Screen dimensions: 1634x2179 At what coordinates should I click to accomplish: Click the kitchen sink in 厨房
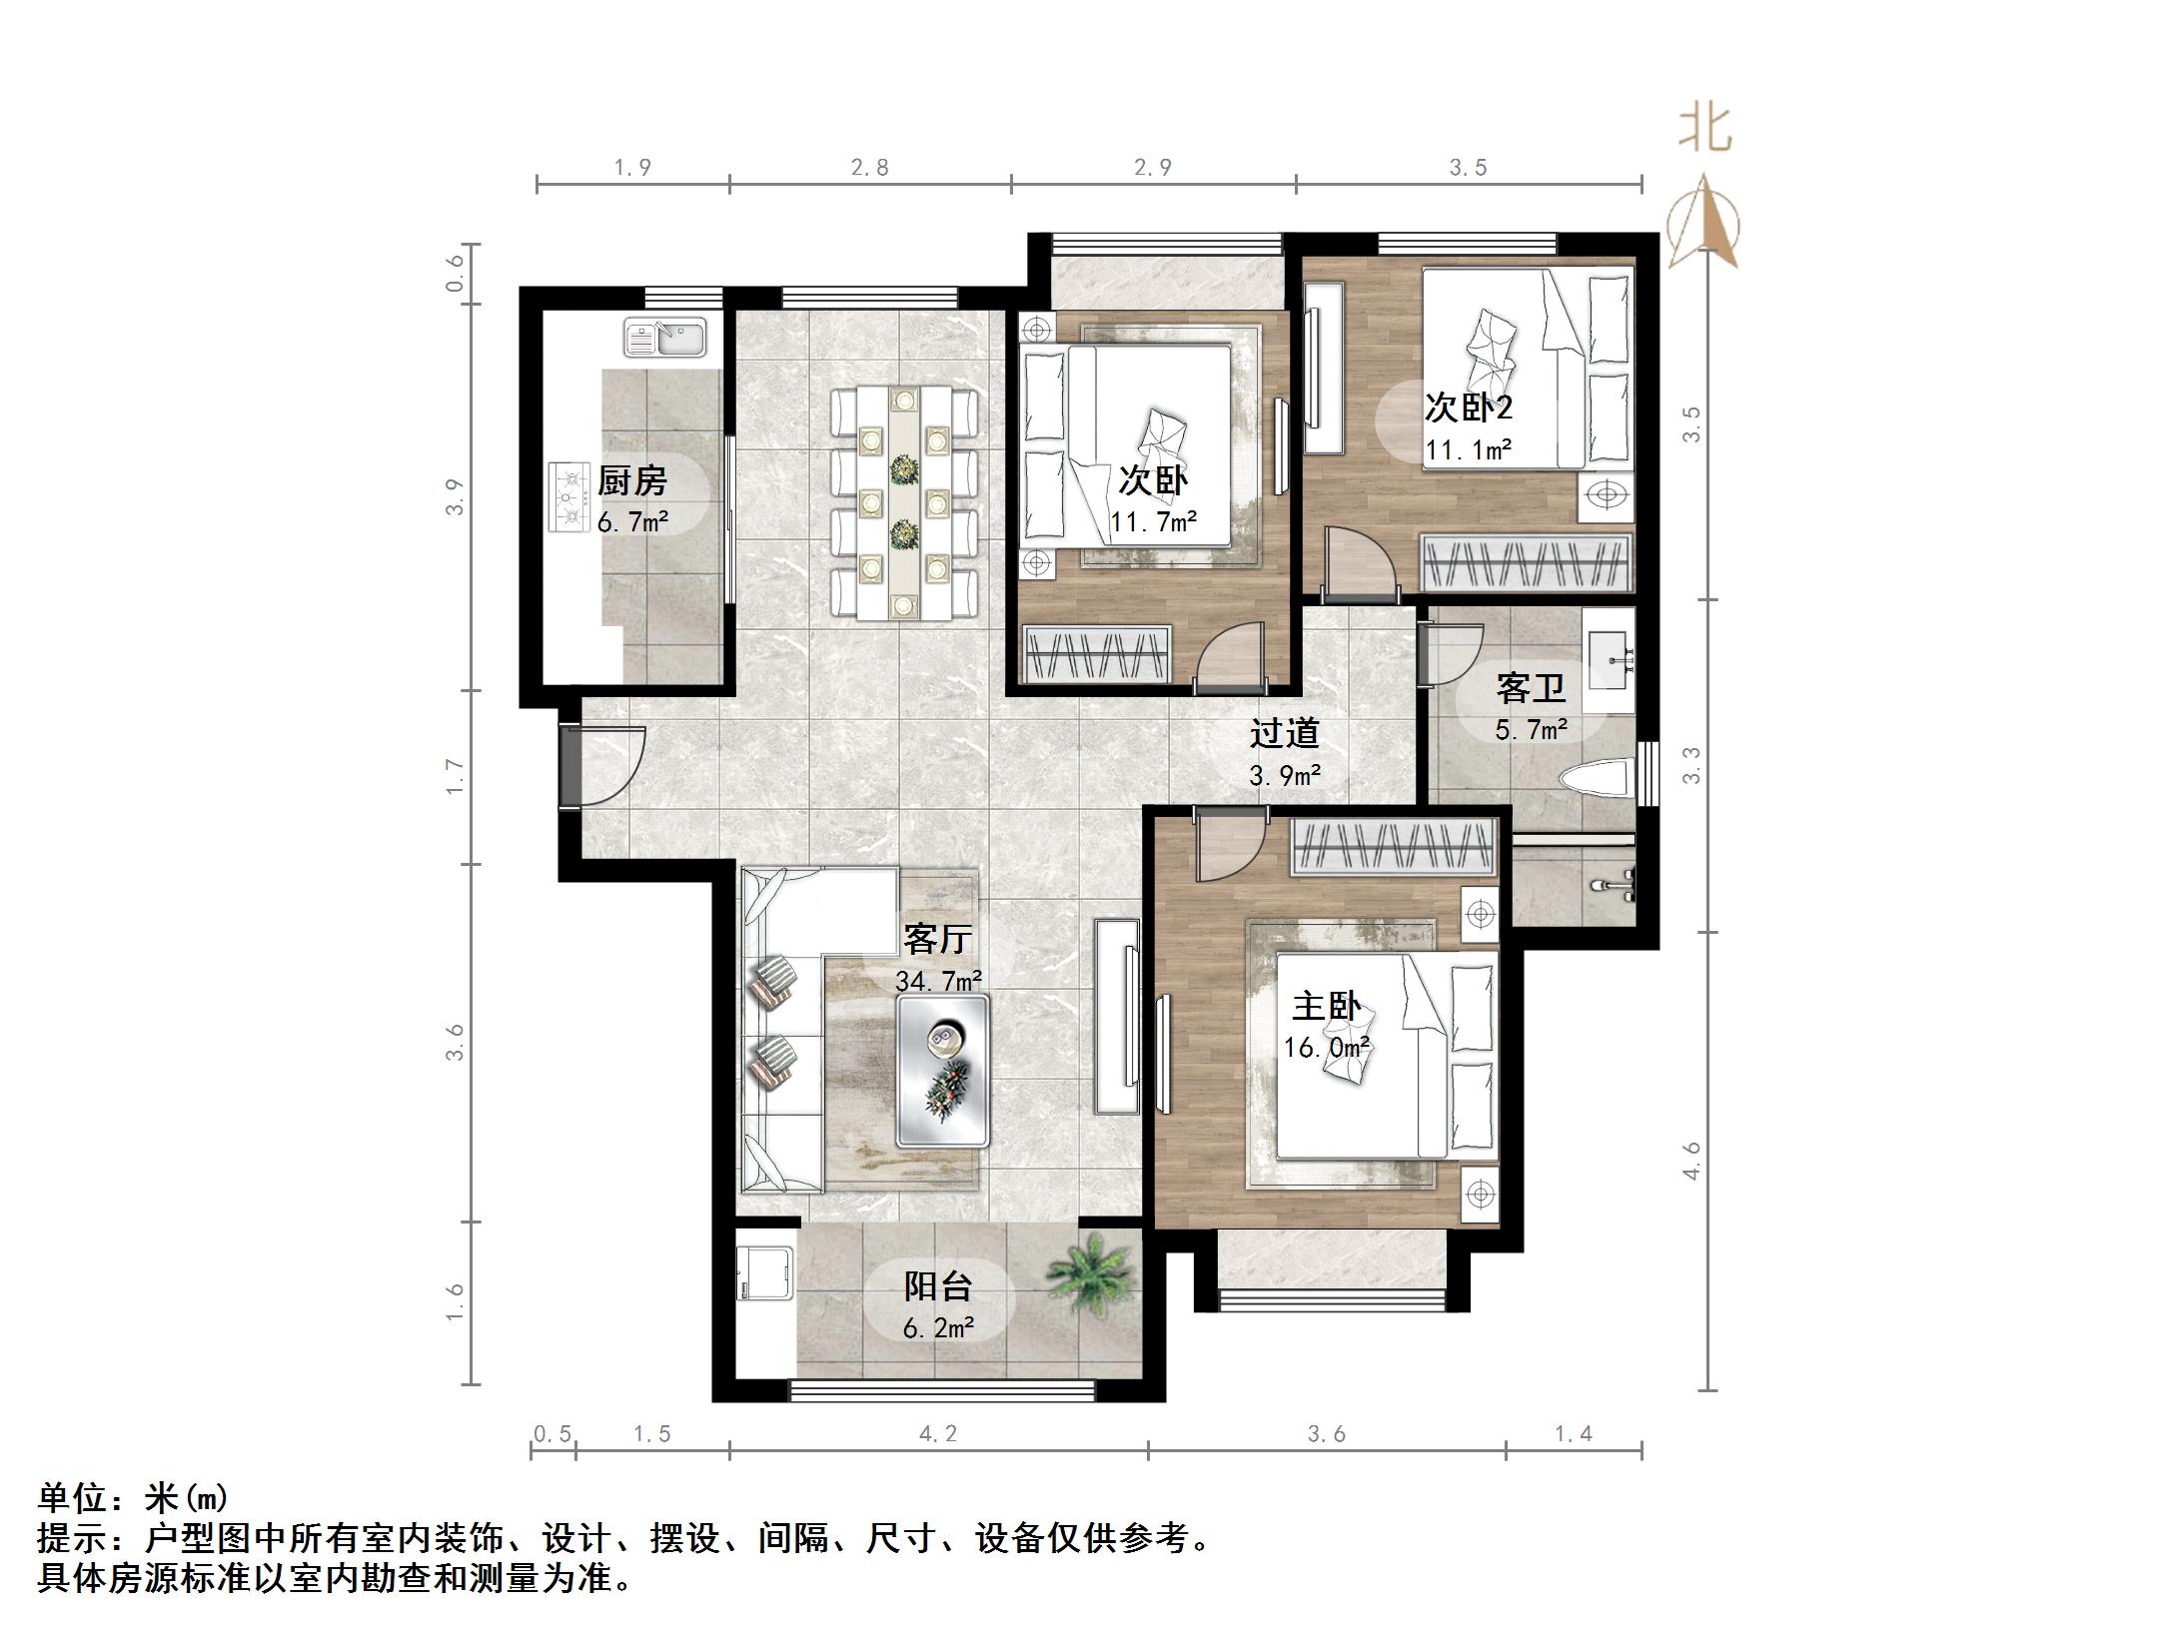pos(665,338)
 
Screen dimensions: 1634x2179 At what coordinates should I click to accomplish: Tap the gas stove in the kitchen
pos(570,495)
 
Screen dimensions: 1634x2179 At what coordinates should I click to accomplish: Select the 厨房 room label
pos(631,481)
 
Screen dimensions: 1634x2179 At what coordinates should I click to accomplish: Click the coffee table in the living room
pos(943,1070)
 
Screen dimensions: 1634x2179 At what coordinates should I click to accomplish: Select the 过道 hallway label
pos(1285,734)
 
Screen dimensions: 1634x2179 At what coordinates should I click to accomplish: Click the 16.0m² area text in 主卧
pos(1326,1048)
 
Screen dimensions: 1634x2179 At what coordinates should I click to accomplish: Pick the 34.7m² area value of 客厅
pos(938,982)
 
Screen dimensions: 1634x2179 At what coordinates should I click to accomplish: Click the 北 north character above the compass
pos(1704,129)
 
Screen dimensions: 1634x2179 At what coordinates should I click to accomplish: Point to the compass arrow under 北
pos(1704,225)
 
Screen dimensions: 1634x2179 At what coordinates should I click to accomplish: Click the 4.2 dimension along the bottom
pos(937,1434)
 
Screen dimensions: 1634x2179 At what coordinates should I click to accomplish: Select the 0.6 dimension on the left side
pos(456,273)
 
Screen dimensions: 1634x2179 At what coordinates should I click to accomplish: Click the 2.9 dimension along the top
pos(1152,168)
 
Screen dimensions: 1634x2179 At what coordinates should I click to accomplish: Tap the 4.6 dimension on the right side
pos(1691,1162)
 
